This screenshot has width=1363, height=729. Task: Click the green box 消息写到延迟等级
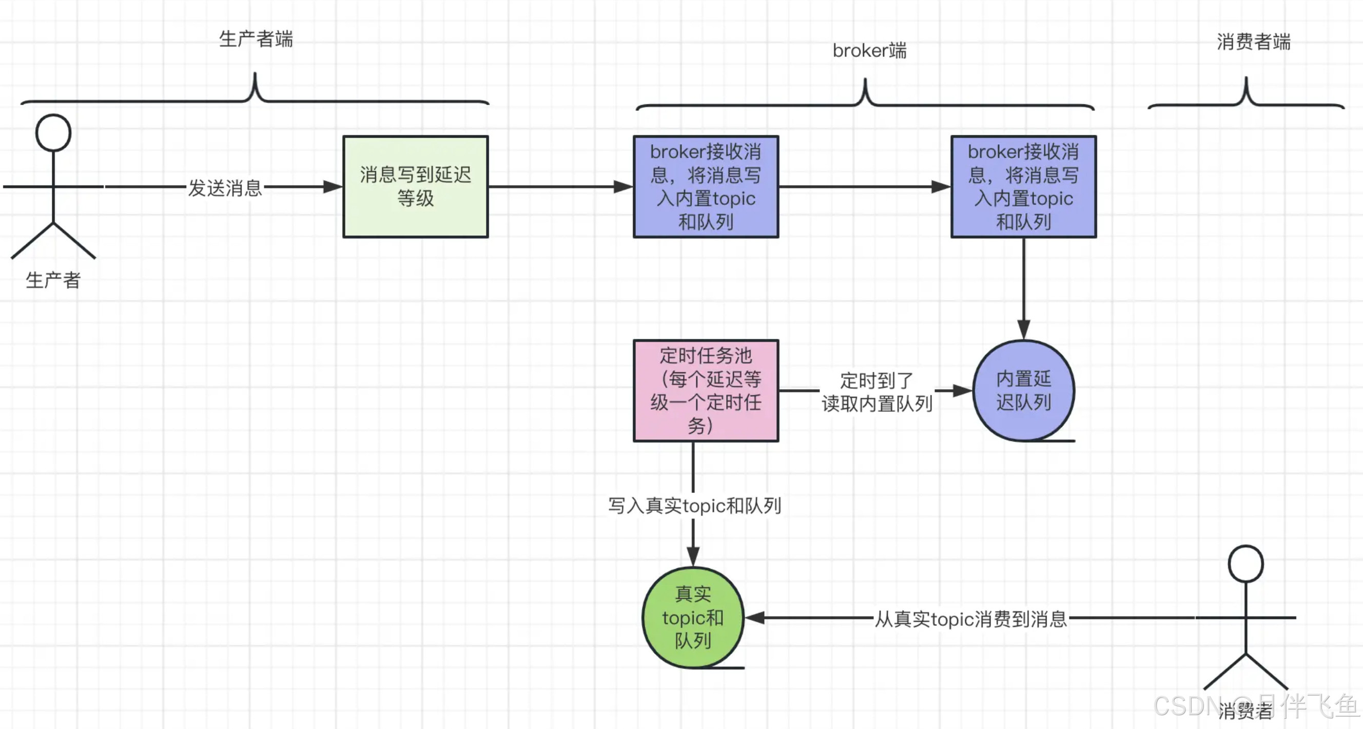415,186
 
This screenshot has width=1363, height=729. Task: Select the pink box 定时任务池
705,390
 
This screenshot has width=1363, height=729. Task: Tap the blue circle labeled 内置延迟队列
1023,390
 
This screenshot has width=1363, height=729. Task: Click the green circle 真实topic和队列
693,617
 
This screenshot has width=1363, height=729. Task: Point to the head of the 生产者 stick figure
53,132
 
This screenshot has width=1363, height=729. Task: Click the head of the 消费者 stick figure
1245,564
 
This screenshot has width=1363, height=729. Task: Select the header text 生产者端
256,39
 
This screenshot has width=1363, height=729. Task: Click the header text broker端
869,51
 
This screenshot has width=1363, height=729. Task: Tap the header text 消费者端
1253,42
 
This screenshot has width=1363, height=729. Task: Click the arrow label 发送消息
225,187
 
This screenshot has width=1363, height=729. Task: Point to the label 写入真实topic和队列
694,506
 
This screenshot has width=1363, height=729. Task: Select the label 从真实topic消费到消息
970,618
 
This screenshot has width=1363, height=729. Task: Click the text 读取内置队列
876,404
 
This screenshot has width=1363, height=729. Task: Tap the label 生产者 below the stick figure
53,280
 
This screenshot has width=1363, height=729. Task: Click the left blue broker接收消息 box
705,186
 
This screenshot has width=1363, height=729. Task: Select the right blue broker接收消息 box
1023,186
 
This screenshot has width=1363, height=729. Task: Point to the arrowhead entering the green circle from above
693,557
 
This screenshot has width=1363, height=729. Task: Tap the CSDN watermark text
1196,706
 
